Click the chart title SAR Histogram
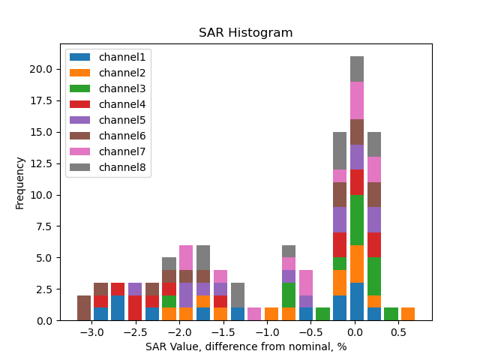pos(245,33)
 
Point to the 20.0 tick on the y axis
pos(41,69)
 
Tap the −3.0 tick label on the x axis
pos(91,331)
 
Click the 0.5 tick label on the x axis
pos(398,331)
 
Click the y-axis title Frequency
pos(20,182)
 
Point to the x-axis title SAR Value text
pos(245,346)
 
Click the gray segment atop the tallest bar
pos(357,69)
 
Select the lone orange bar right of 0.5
pos(408,314)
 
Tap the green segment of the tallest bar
pos(357,220)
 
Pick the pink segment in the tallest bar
pos(357,100)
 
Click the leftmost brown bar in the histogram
pos(84,307)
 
